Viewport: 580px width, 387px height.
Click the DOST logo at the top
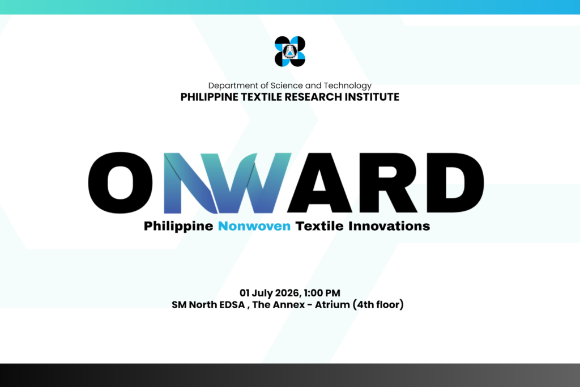(x=290, y=52)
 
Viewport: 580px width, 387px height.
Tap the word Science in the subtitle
(x=287, y=86)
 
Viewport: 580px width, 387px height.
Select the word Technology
(x=348, y=86)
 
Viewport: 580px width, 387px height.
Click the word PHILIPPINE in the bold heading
(x=210, y=97)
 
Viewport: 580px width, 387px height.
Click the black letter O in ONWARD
(x=121, y=183)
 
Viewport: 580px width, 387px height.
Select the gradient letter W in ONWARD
(x=251, y=183)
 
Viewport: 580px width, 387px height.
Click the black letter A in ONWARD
(x=319, y=183)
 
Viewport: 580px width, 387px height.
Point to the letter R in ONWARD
(x=387, y=183)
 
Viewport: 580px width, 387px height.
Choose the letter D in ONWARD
(x=455, y=183)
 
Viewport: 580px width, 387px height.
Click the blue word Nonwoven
(x=254, y=226)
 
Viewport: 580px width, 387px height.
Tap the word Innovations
(x=389, y=226)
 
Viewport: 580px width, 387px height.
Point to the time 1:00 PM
(x=322, y=293)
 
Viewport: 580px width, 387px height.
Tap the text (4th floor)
(x=378, y=305)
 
